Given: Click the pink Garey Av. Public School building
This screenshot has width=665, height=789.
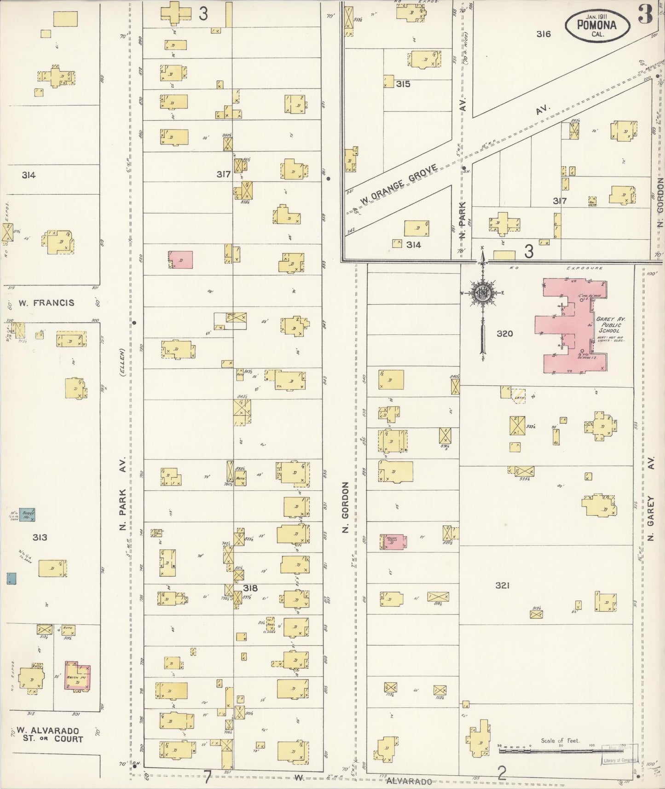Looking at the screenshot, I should (x=574, y=325).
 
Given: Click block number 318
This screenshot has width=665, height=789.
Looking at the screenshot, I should (x=250, y=588).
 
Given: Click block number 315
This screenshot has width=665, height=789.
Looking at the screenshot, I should (x=403, y=84).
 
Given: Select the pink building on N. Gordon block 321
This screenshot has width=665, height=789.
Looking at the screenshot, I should (x=393, y=542).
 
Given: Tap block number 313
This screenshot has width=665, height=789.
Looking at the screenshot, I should (x=40, y=537).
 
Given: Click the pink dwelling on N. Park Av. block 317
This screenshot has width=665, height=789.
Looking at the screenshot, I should (x=180, y=260).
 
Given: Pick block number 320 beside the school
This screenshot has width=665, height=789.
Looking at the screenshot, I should (x=504, y=333).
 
